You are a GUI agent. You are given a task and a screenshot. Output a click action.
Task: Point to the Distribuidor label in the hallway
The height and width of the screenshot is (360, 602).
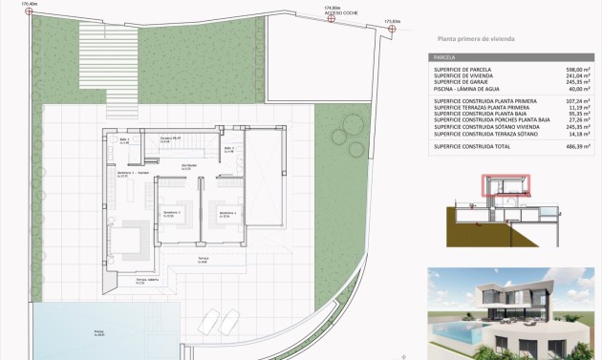(190, 165)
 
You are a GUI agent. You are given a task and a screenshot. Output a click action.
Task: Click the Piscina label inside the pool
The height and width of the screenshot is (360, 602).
(98, 332)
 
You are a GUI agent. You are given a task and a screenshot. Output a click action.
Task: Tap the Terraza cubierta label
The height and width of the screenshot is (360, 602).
(145, 281)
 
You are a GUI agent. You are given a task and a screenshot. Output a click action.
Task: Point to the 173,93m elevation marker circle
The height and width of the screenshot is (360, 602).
(391, 28)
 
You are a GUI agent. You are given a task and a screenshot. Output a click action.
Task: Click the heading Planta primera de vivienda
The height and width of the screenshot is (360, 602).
(475, 41)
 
